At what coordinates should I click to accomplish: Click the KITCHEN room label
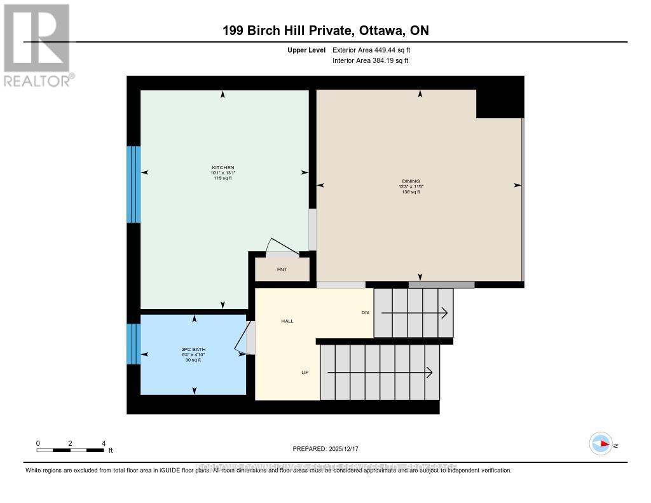pos(223,167)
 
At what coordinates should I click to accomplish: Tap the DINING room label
pos(415,181)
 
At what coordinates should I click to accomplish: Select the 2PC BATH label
pos(193,349)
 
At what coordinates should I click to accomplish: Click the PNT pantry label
pos(282,270)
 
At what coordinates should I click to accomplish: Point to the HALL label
pos(287,321)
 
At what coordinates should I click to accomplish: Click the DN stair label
pos(365,312)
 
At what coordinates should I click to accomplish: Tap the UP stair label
pos(305,372)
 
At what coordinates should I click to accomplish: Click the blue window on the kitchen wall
pos(133,184)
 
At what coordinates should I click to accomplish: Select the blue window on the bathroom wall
pos(133,344)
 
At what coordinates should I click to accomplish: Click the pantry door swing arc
pos(278,245)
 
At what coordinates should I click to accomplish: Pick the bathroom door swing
pos(241,337)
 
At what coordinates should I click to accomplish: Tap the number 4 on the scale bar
pos(103,443)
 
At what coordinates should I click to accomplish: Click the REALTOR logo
pos(38,45)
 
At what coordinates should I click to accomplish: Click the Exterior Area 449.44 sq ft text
pos(376,50)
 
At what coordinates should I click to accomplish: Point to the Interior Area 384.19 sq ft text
pos(370,61)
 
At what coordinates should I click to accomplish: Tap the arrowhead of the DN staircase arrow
pos(444,313)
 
